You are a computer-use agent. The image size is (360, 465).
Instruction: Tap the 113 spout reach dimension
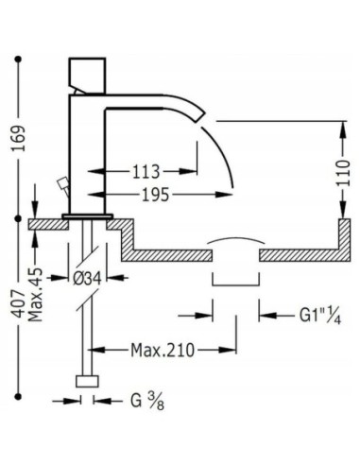tap(145, 173)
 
